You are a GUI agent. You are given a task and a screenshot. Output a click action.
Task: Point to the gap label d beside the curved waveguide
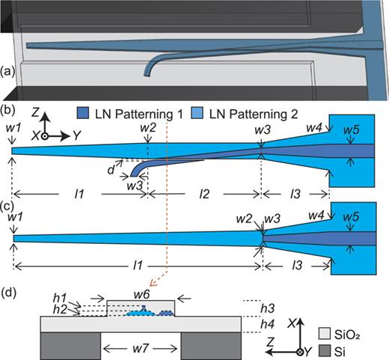click(x=111, y=171)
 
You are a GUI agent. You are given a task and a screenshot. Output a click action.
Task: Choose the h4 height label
click(x=256, y=325)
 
